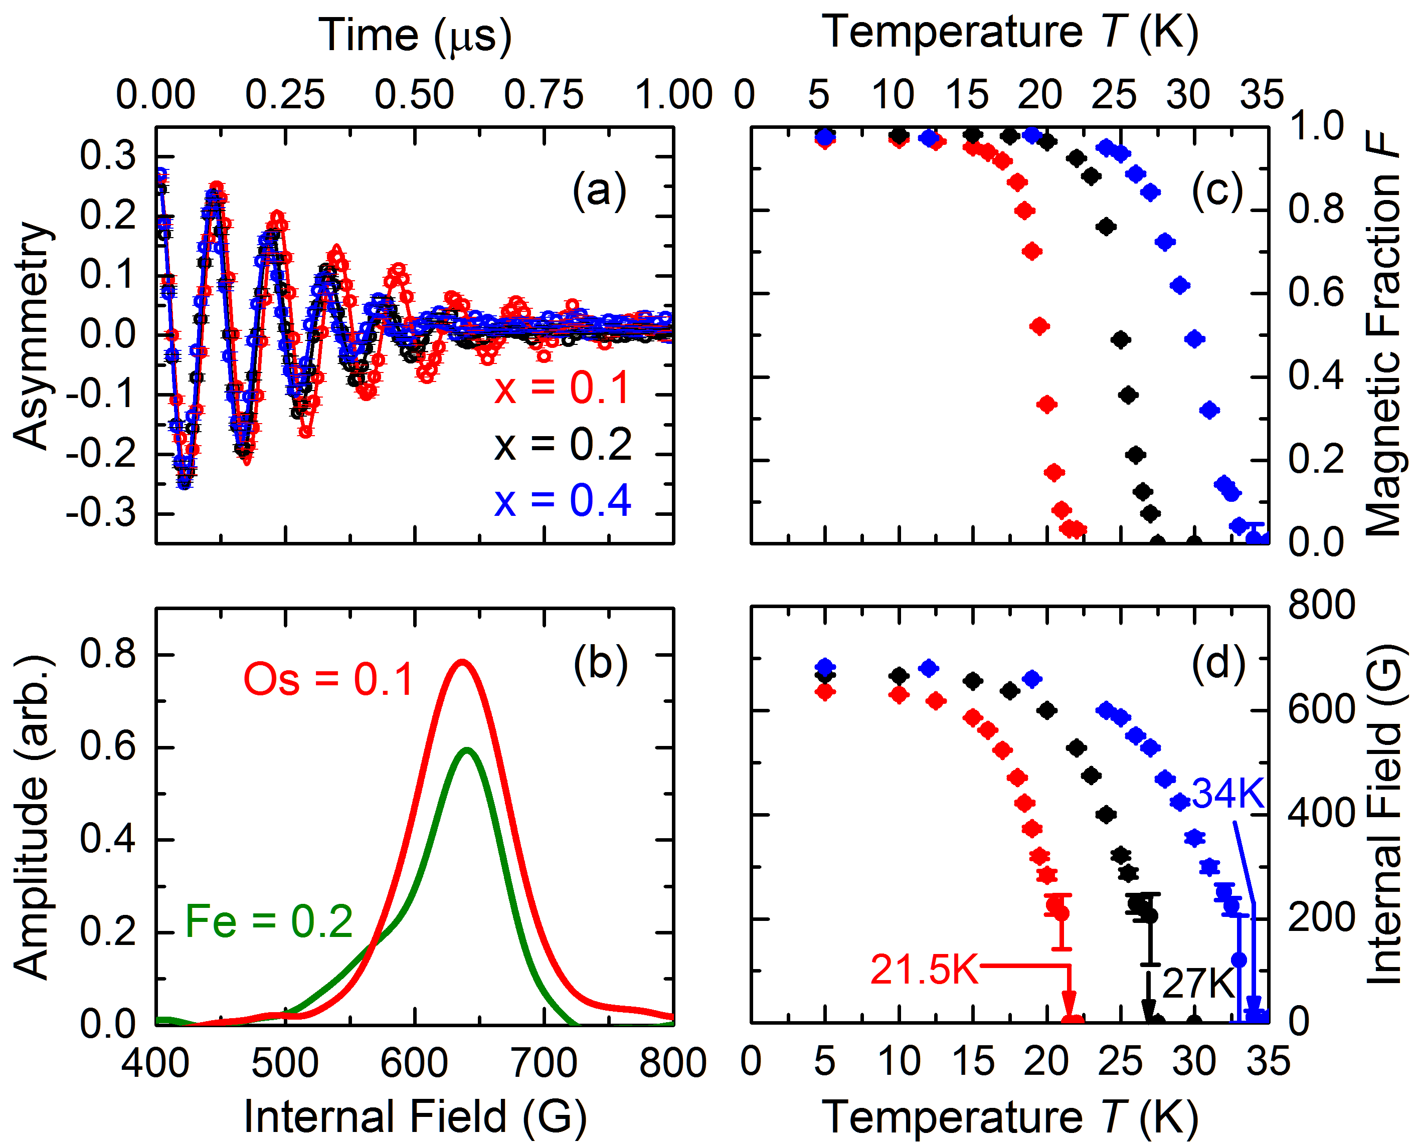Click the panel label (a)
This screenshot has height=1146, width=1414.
pyautogui.click(x=599, y=192)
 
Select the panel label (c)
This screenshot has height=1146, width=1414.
pyautogui.click(x=1216, y=192)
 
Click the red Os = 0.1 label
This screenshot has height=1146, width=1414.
pyautogui.click(x=328, y=679)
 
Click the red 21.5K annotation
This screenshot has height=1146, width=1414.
pyautogui.click(x=924, y=970)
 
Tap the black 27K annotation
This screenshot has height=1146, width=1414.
pyautogui.click(x=1197, y=984)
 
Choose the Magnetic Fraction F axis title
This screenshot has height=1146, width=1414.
pyautogui.click(x=1383, y=333)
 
